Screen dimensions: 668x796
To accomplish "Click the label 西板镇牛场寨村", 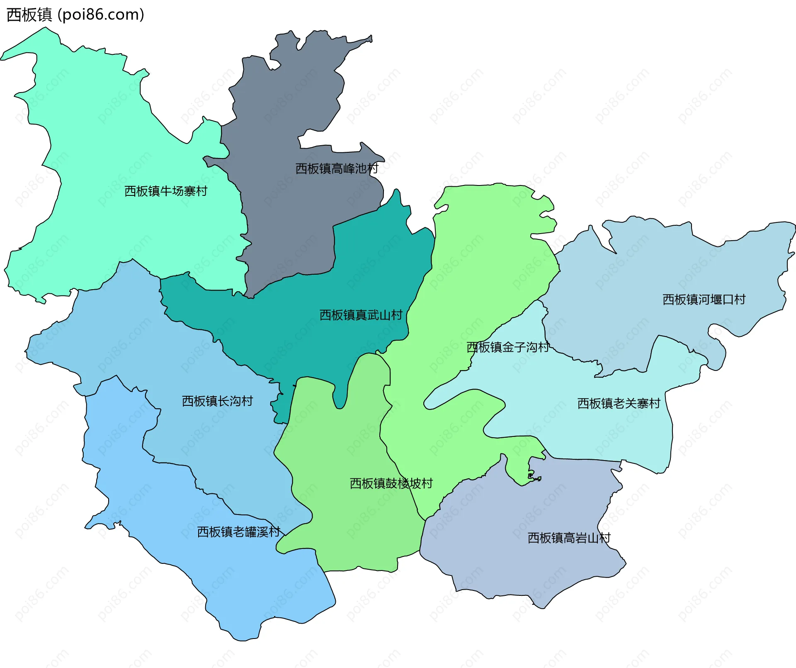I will [x=166, y=191].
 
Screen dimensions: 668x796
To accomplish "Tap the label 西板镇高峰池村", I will [x=337, y=168].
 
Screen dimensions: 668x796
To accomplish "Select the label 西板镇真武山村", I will [x=361, y=315].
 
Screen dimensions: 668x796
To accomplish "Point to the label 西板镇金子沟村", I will [x=508, y=347].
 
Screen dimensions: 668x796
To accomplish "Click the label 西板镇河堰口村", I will [x=704, y=300].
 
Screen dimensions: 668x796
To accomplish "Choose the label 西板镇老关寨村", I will [x=619, y=403].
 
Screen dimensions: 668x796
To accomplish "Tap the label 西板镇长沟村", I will [x=217, y=401].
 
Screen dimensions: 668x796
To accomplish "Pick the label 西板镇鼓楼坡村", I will [x=391, y=483].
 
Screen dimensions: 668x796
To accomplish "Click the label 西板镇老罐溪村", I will [x=239, y=532].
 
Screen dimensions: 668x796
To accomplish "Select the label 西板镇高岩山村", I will [x=569, y=538].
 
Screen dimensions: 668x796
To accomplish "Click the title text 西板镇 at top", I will [x=29, y=15].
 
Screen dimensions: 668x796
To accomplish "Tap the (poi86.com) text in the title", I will [x=101, y=15].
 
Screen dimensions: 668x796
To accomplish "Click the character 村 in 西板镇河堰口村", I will [x=740, y=300].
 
